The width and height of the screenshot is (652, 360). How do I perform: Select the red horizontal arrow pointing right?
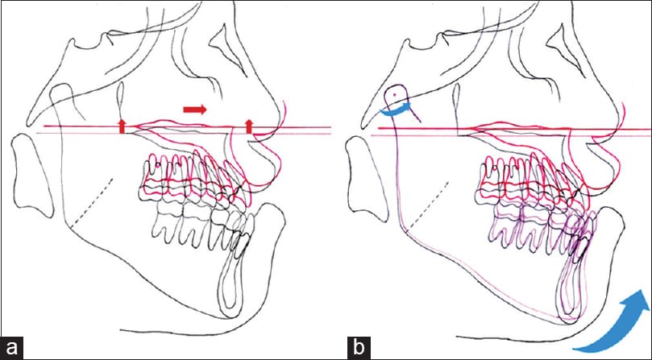coord(194,110)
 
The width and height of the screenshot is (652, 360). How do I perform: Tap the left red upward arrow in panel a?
coord(122,126)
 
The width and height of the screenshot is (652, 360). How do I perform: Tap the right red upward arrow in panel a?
coord(249,126)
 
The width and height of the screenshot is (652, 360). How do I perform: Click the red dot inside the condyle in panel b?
coord(396,95)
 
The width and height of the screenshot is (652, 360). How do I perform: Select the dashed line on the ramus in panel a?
coord(92,203)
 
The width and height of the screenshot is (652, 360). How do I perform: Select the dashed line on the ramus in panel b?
coord(428,205)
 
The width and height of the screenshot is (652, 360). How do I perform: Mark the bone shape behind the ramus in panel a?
coord(32,175)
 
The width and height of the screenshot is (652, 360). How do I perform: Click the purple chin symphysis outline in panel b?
coord(571,287)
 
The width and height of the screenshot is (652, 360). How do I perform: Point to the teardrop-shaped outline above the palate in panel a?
coord(121,101)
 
